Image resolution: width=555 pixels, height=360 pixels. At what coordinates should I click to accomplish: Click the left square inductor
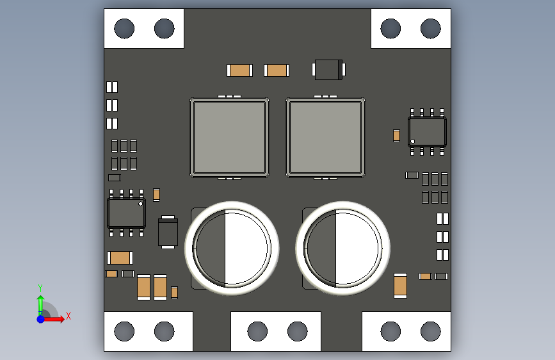(x=229, y=138)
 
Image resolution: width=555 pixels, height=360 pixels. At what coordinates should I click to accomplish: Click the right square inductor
(x=325, y=138)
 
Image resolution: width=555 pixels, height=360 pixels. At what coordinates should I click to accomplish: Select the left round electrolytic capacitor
(x=232, y=248)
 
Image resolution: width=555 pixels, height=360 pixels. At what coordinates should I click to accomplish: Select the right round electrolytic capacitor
(x=342, y=248)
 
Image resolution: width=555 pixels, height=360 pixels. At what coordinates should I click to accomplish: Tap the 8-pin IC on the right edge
(x=427, y=132)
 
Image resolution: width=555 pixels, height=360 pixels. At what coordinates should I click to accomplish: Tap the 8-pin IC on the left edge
(x=126, y=213)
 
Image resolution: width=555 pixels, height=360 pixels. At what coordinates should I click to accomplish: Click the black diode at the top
(x=328, y=69)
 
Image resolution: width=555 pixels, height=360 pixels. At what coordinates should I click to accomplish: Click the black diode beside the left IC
(x=168, y=232)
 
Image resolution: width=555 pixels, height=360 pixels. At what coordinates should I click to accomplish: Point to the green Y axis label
(x=40, y=288)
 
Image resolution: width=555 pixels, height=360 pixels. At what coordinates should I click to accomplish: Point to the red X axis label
(x=68, y=316)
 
